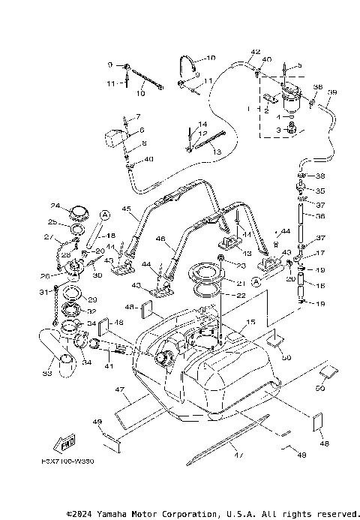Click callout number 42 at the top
[x=256, y=52]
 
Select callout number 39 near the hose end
[x=332, y=92]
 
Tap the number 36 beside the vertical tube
[x=320, y=216]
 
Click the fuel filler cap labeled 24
[x=77, y=214]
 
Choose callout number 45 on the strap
[x=127, y=209]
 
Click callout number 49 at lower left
[x=97, y=422]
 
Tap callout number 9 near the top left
[x=110, y=65]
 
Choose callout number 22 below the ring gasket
[x=241, y=295]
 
